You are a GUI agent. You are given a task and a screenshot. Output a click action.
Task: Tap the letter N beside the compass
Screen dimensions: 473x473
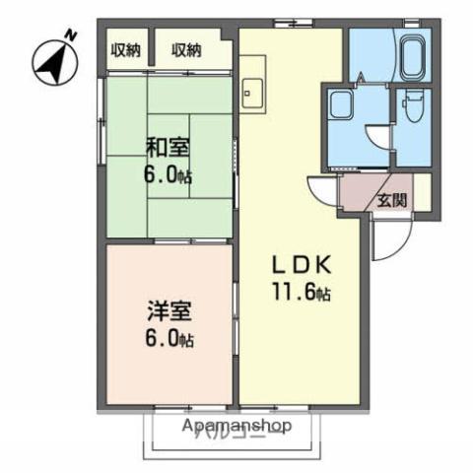pos(70,36)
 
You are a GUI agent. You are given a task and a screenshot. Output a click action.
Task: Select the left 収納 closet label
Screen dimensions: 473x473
pos(125,50)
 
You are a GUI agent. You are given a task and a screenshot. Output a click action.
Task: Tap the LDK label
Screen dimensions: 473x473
pos(304,266)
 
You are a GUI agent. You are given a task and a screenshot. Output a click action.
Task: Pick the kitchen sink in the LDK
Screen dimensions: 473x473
pos(253,89)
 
